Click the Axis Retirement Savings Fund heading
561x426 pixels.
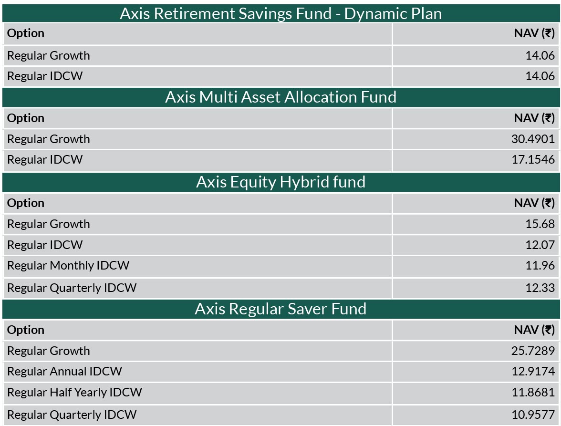click(x=280, y=13)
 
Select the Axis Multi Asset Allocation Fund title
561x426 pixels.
click(x=281, y=97)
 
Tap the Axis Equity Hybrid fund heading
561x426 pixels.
click(x=281, y=182)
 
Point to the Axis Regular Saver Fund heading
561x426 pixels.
click(x=281, y=309)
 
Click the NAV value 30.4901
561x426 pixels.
click(x=533, y=139)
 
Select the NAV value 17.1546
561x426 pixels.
click(x=533, y=159)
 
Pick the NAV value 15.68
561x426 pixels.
click(x=540, y=224)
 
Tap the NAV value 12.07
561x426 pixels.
click(x=540, y=245)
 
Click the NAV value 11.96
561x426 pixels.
click(x=540, y=265)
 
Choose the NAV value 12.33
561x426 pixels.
click(x=540, y=288)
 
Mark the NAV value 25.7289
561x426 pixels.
click(x=533, y=351)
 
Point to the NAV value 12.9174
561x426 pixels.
click(x=533, y=371)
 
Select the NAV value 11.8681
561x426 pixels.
click(x=533, y=393)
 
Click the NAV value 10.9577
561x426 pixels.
click(x=533, y=415)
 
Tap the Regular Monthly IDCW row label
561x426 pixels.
click(x=68, y=266)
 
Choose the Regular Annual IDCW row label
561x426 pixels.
click(x=65, y=372)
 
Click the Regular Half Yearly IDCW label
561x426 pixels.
click(x=75, y=393)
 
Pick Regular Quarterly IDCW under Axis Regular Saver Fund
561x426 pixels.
click(x=72, y=416)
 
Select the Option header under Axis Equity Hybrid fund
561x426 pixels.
click(x=26, y=204)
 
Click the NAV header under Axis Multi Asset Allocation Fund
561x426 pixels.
click(x=534, y=118)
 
